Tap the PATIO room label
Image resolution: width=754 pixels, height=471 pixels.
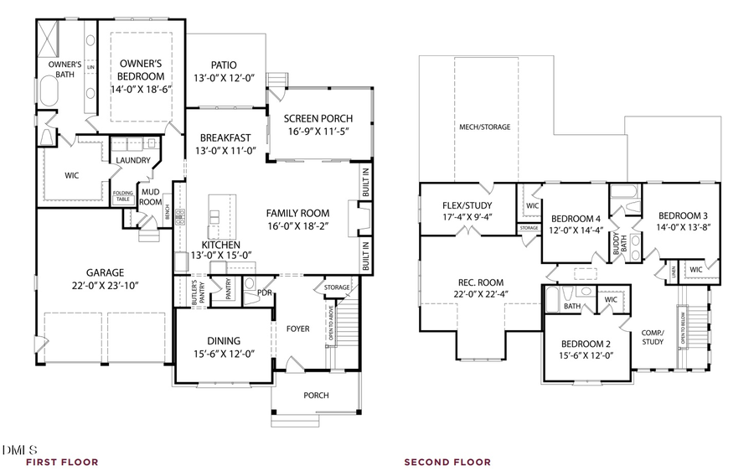[224, 65]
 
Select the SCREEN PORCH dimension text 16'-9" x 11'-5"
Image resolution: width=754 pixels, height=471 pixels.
[318, 132]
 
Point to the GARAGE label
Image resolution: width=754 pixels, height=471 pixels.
[105, 272]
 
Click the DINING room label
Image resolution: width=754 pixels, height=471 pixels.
[224, 341]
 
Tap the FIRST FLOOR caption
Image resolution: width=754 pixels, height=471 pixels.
[62, 462]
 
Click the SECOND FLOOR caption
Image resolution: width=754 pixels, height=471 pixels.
[447, 462]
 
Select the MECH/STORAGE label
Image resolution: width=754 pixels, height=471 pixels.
[484, 127]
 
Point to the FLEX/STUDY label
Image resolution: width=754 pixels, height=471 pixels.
[467, 205]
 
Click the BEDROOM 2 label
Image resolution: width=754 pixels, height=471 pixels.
[585, 344]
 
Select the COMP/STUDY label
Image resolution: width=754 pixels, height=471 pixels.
[653, 336]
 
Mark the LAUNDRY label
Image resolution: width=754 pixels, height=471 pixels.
[132, 160]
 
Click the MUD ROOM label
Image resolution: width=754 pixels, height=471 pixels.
[150, 197]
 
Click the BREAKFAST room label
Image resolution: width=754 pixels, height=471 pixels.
[225, 138]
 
